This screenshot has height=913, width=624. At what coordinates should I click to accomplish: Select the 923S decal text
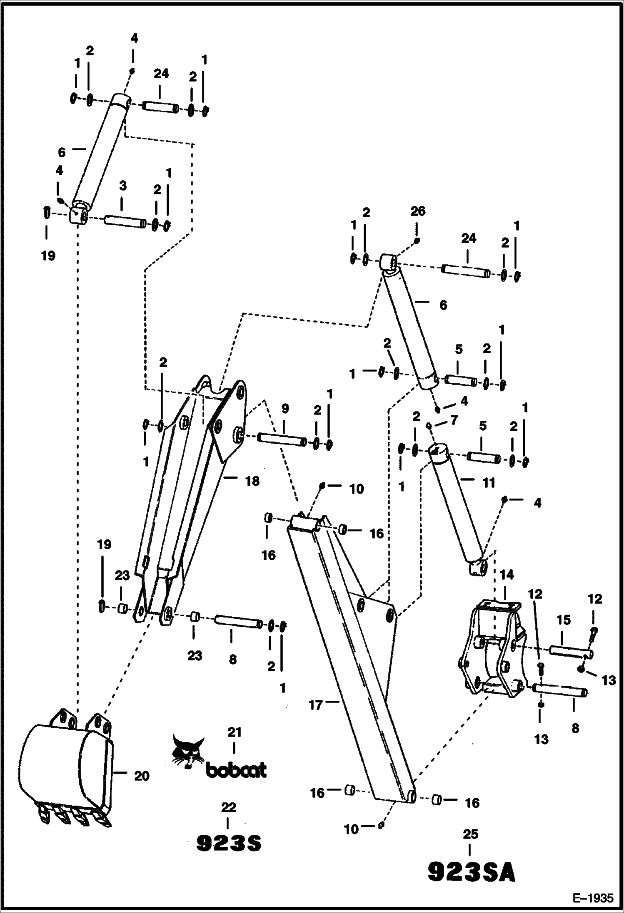click(229, 844)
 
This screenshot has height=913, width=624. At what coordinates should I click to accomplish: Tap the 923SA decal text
click(472, 873)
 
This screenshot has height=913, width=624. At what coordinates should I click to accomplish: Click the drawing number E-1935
click(593, 897)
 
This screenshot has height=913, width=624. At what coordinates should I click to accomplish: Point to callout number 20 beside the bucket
click(142, 776)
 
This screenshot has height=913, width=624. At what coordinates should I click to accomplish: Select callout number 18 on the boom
click(252, 481)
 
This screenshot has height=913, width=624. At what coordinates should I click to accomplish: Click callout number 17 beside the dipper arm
click(316, 705)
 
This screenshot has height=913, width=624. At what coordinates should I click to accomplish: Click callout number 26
click(418, 211)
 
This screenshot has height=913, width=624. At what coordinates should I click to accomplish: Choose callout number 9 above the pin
click(285, 409)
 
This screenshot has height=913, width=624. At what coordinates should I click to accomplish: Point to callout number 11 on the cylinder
click(489, 483)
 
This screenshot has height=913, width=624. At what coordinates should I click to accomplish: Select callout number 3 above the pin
click(122, 186)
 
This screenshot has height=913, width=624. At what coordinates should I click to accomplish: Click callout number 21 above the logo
click(235, 732)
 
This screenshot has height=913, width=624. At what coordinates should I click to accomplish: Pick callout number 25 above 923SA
click(470, 834)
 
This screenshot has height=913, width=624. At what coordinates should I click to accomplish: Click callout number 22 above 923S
click(229, 807)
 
